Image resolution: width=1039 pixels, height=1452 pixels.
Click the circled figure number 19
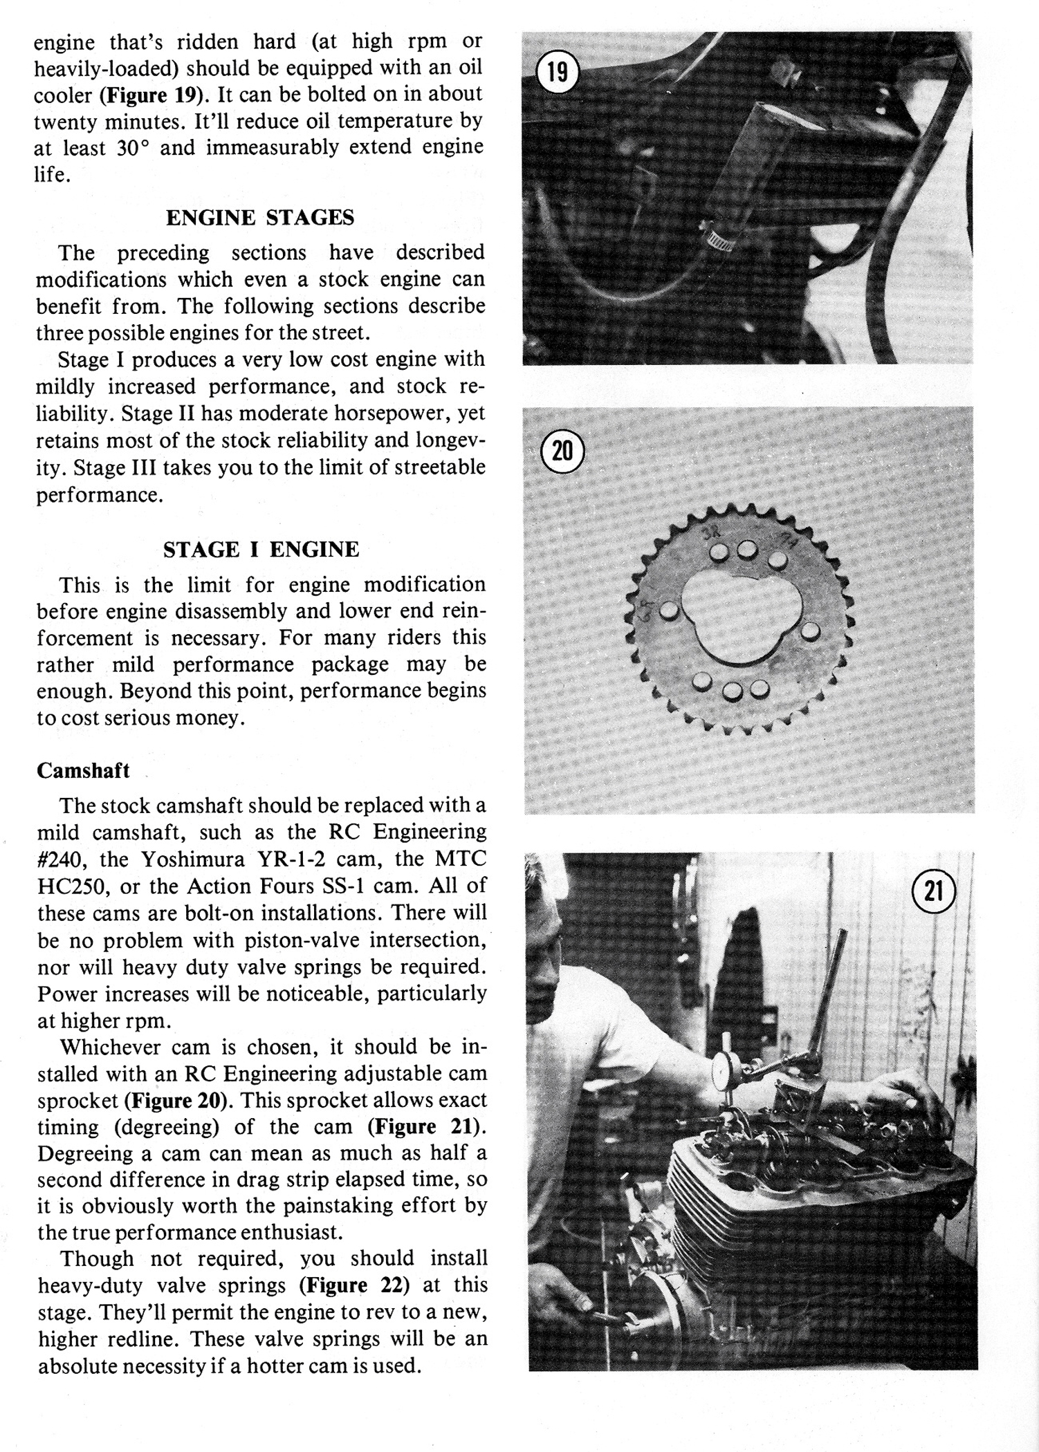coord(558,71)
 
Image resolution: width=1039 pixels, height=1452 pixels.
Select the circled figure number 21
coord(933,891)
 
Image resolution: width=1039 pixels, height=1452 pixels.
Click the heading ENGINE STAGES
coord(260,218)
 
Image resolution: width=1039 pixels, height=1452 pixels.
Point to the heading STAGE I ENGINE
coord(261,550)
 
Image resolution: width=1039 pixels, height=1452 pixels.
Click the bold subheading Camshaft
coord(83,771)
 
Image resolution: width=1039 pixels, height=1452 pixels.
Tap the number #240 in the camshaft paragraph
coord(59,859)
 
